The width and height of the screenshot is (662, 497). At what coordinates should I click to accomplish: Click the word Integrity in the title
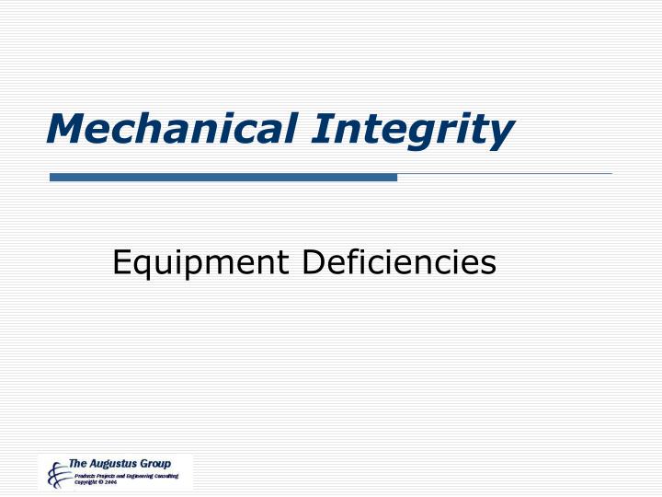pyautogui.click(x=411, y=129)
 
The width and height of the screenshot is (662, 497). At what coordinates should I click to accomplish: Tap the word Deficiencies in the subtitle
pyautogui.click(x=398, y=264)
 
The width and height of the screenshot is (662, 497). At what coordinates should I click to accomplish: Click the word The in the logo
pyautogui.click(x=78, y=462)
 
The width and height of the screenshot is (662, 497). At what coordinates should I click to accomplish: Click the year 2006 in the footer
pyautogui.click(x=111, y=482)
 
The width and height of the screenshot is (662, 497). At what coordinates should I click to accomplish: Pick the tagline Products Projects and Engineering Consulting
pyautogui.click(x=125, y=475)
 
